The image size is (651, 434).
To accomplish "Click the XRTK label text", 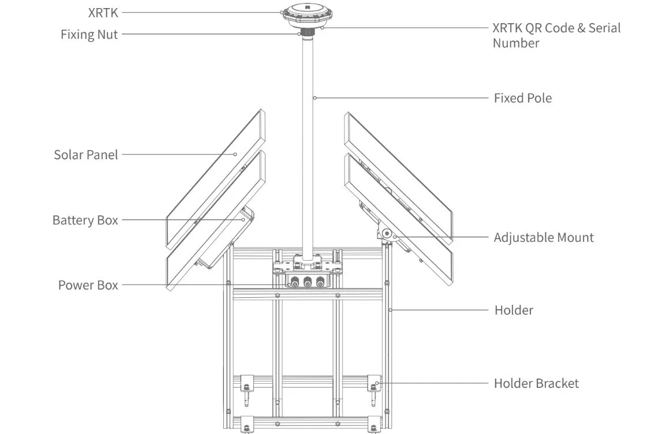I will pos(102,12).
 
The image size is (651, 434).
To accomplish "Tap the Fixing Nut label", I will pos(89,34).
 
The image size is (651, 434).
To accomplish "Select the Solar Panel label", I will pos(85,155).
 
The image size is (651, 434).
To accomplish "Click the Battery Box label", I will pos(85,220).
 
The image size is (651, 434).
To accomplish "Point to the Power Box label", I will pos(88,285).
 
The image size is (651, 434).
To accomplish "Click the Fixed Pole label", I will pos(522,98).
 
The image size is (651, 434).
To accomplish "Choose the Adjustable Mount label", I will pos(543,237).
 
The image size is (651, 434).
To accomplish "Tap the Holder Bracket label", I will pos(536,383).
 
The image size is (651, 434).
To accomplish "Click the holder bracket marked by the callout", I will pos(374,383).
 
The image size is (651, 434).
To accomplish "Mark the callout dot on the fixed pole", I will pos(314,98).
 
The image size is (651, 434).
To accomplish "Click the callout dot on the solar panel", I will pos(235,155).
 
